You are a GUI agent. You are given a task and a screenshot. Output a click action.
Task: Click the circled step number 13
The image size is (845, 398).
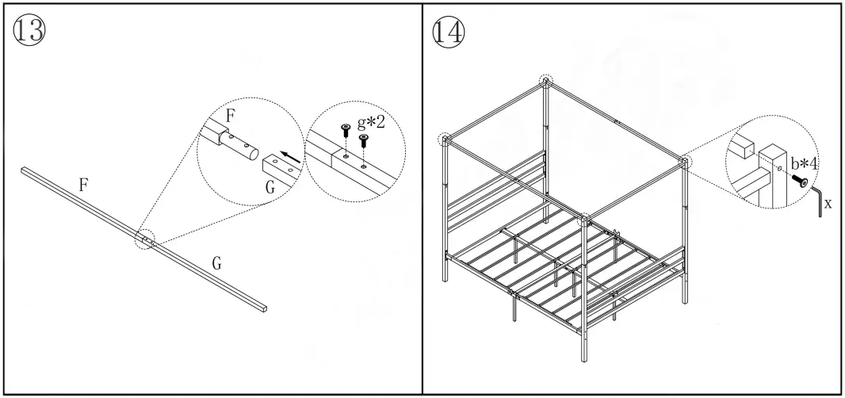click(30, 31)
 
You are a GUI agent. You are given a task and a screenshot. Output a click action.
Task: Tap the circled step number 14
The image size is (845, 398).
click(449, 31)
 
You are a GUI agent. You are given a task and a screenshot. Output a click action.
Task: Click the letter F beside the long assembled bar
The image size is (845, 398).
click(83, 185)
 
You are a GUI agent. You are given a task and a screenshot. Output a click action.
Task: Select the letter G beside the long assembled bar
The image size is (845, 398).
click(216, 264)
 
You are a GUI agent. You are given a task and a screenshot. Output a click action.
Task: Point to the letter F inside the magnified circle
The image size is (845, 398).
click(231, 115)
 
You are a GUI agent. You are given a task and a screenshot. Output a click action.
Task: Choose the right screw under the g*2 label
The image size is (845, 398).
click(364, 140)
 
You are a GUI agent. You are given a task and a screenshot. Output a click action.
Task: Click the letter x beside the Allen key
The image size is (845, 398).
click(828, 204)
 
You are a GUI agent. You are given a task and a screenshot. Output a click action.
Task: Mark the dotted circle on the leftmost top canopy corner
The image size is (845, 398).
click(445, 140)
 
